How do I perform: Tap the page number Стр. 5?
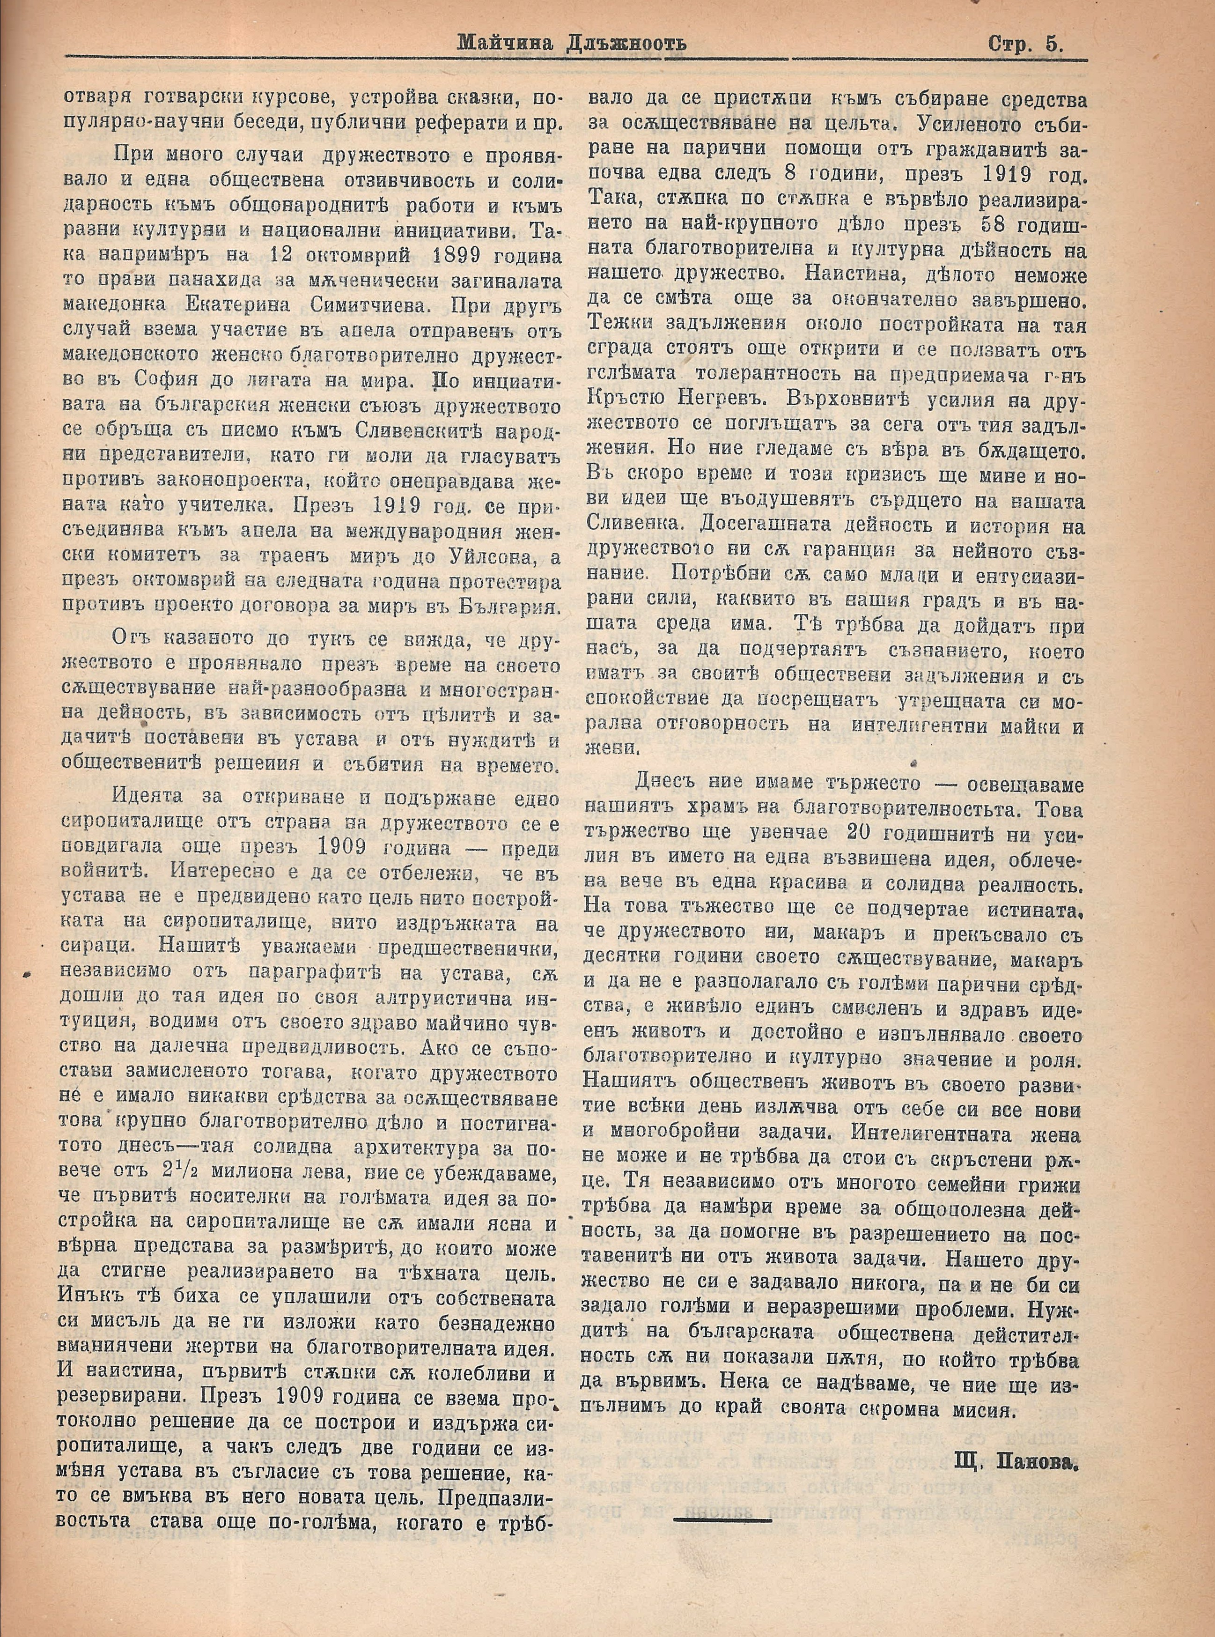[1025, 44]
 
